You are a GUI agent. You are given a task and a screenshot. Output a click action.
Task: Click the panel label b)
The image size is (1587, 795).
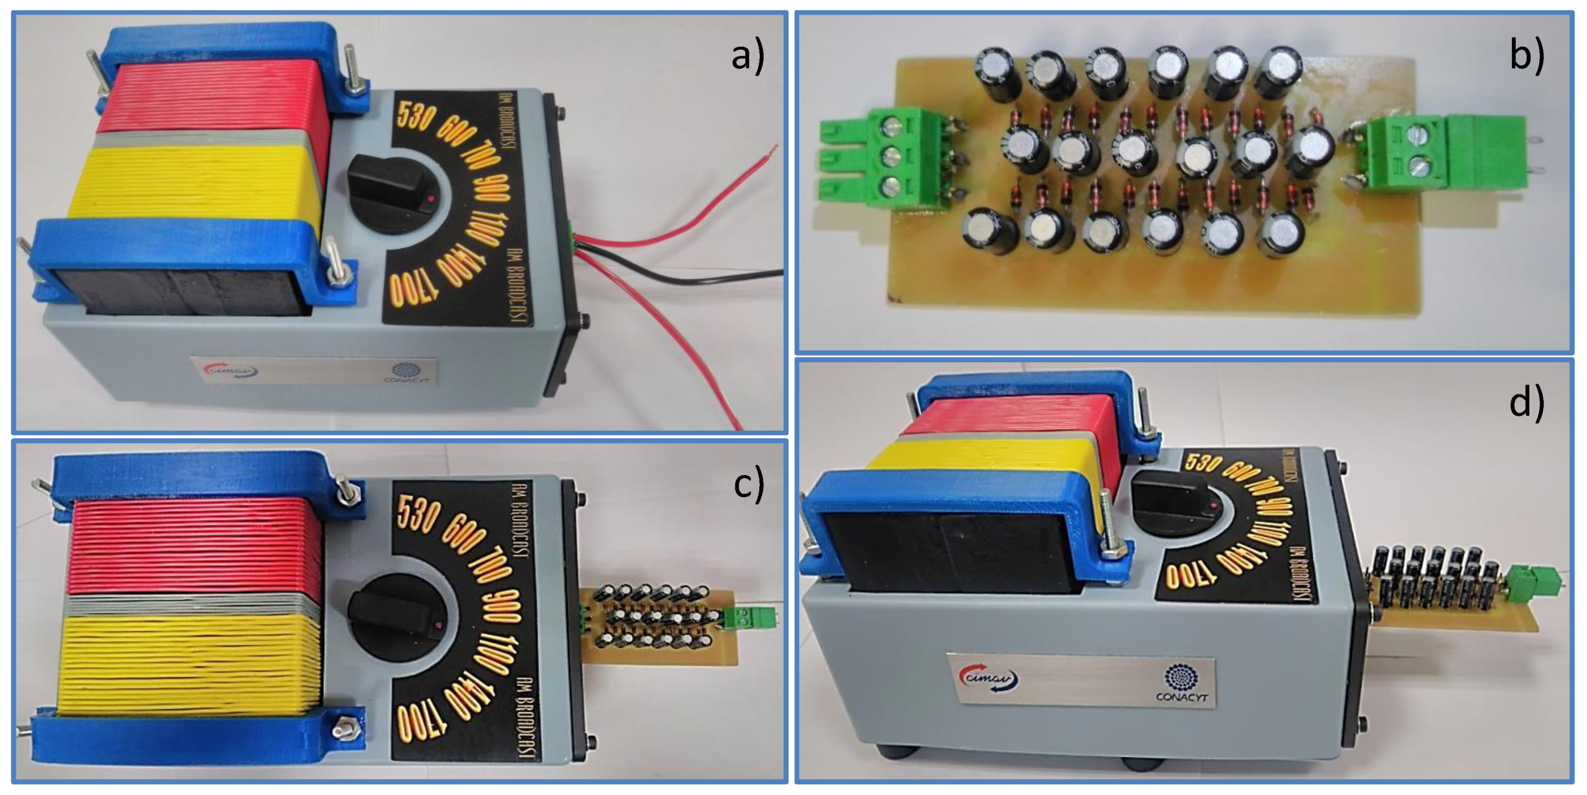pos(1526,55)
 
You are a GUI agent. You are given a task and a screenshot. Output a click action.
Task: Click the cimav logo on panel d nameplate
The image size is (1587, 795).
pos(988,678)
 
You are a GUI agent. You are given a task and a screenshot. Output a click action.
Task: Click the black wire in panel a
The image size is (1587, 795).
pos(678,277)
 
